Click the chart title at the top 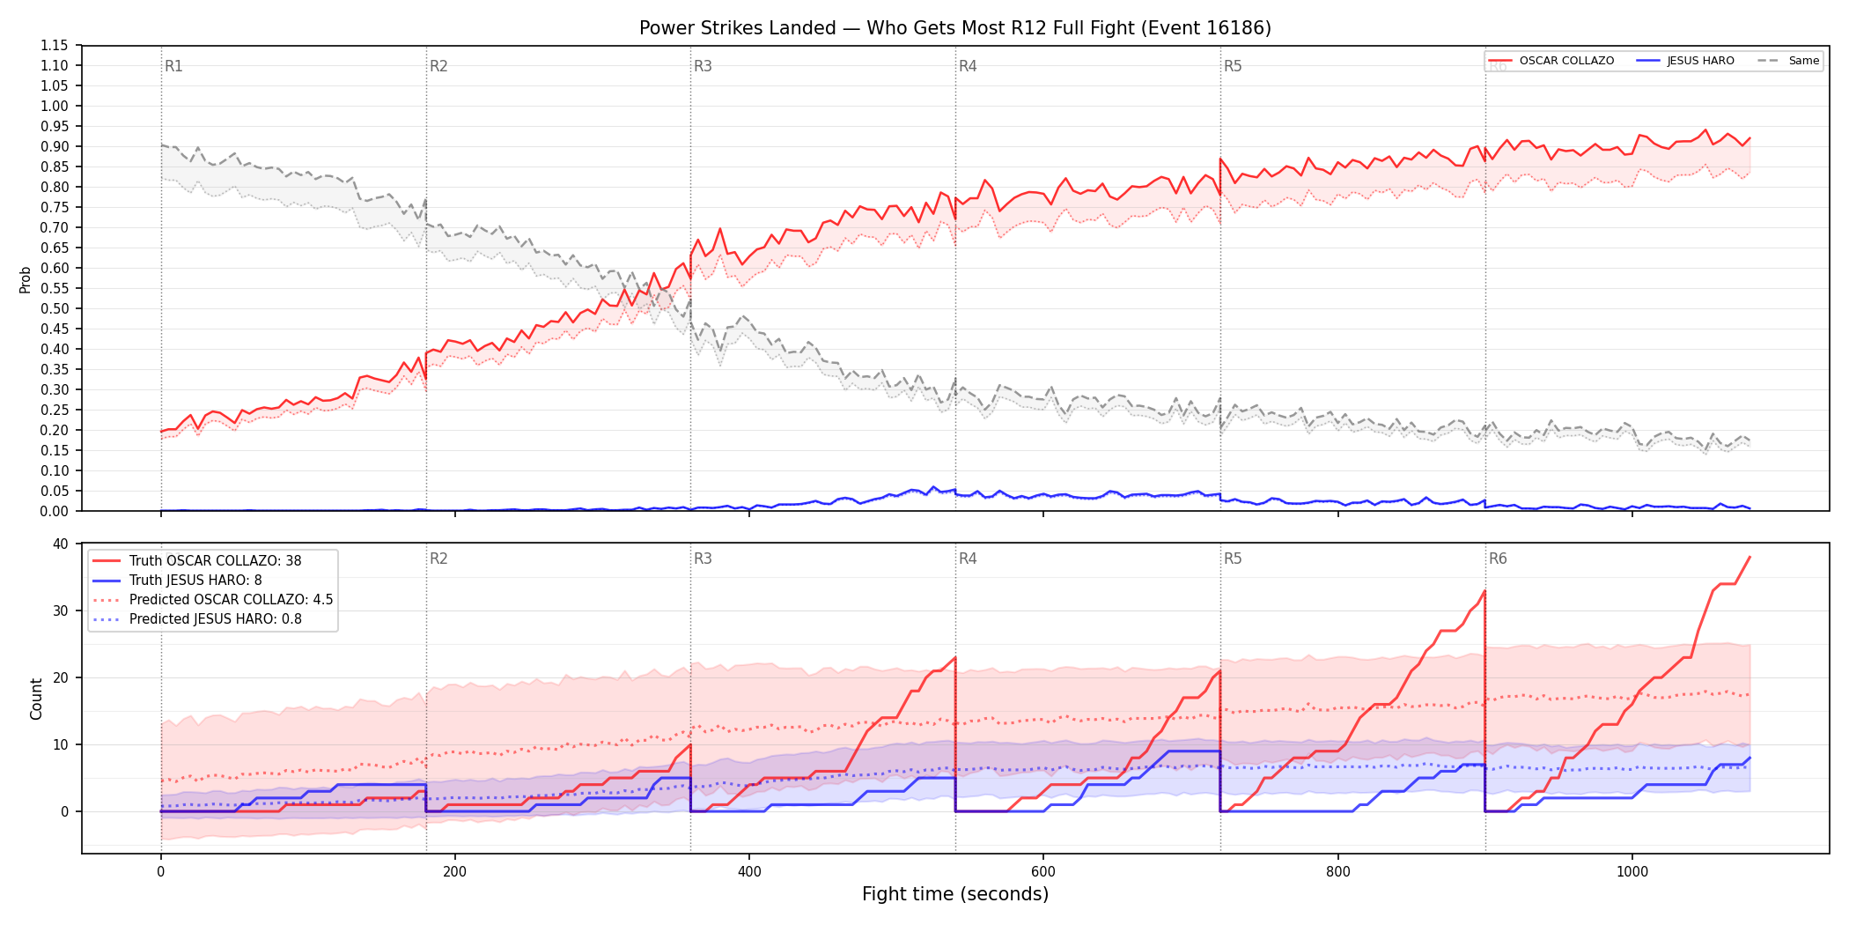pyautogui.click(x=955, y=28)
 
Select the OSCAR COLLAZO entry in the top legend pyautogui.click(x=1551, y=61)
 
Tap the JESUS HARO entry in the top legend pyautogui.click(x=1686, y=61)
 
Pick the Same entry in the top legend pyautogui.click(x=1788, y=61)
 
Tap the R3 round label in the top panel pyautogui.click(x=703, y=66)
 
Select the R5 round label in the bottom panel pyautogui.click(x=1233, y=559)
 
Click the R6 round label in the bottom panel pyautogui.click(x=1498, y=559)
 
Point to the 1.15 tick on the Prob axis pyautogui.click(x=55, y=46)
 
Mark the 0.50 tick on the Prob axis pyautogui.click(x=55, y=308)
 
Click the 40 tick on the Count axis pyautogui.click(x=60, y=544)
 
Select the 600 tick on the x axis pyautogui.click(x=1043, y=872)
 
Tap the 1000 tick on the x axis pyautogui.click(x=1632, y=872)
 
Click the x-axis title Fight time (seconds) pyautogui.click(x=955, y=894)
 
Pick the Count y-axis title pyautogui.click(x=36, y=699)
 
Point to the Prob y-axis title pyautogui.click(x=25, y=279)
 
